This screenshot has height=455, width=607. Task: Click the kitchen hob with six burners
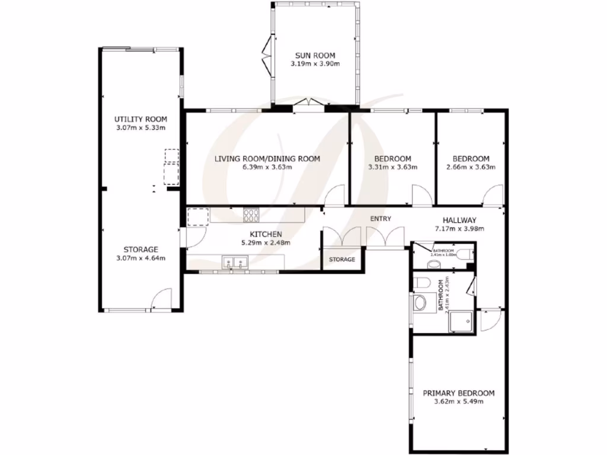coord(251,215)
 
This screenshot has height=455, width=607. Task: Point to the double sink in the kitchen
coord(235,262)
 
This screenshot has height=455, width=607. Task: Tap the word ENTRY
coord(381,219)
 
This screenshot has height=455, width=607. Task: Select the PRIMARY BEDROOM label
coord(458,393)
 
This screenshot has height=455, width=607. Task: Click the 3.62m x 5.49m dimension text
coord(458,402)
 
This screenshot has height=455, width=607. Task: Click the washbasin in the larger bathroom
coord(420,303)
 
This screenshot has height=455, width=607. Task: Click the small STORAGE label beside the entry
coord(342,259)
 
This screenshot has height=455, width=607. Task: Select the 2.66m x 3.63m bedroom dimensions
coord(471,167)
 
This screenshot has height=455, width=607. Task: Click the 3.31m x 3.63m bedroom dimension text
coord(392,167)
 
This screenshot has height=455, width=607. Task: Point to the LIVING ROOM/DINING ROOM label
coord(267,158)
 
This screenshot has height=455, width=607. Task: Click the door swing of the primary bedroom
coord(488,321)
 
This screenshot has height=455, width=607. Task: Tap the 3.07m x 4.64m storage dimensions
coord(140,258)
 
